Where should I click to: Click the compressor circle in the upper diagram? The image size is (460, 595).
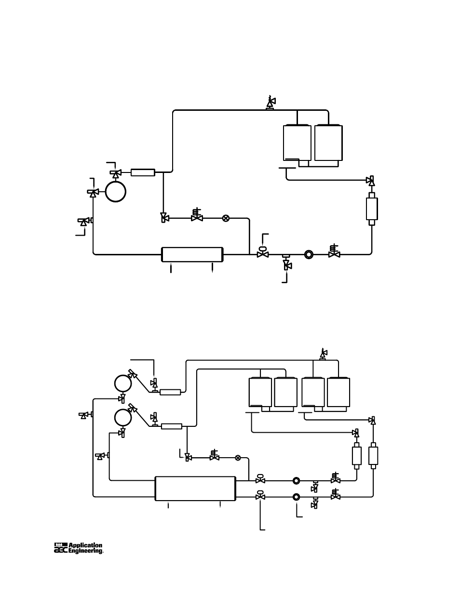116,191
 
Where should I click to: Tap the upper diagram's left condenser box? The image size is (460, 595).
297,143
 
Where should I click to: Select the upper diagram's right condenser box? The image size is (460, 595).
329,143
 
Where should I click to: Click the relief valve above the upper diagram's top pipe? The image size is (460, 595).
270,102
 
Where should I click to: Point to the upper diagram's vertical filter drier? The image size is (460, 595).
372,208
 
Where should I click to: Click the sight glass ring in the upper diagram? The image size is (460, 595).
309,254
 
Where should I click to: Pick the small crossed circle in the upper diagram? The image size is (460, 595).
226,218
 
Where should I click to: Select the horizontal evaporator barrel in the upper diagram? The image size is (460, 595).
192,254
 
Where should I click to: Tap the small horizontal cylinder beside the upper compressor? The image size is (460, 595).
143,172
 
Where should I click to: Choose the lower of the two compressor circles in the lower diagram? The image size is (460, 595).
123,417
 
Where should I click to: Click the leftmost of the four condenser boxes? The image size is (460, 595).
260,393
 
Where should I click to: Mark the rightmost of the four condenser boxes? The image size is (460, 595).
338,393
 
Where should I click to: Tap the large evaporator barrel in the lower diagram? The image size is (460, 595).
195,488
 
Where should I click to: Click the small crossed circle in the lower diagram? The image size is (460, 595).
238,457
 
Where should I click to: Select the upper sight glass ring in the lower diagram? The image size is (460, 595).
297,480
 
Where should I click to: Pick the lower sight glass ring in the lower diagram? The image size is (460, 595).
297,497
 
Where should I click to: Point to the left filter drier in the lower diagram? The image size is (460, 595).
357,455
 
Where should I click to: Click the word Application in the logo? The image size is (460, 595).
85,546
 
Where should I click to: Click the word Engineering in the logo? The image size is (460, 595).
85,551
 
